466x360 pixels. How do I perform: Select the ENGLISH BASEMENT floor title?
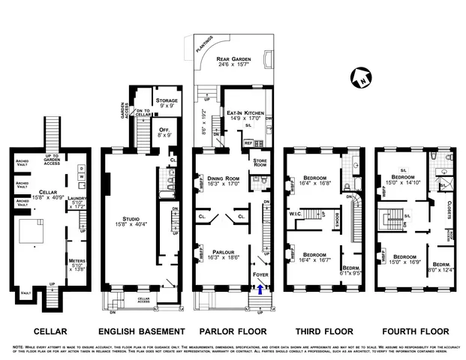pyautogui.click(x=142, y=331)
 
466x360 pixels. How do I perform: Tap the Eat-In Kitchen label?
pyautogui.click(x=245, y=113)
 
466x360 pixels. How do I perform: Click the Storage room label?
pyautogui.click(x=166, y=100)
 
